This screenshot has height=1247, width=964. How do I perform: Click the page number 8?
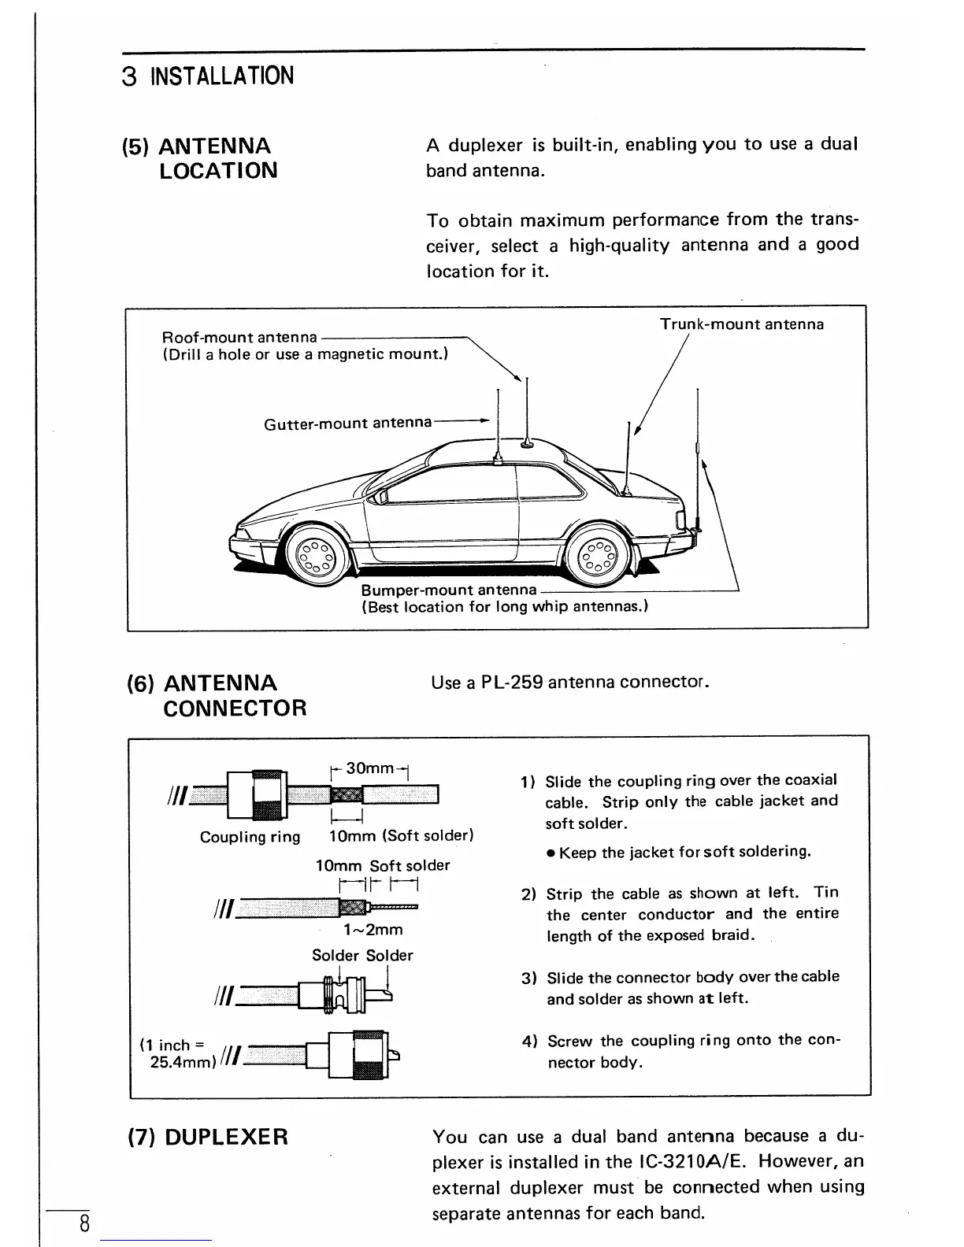(83, 1225)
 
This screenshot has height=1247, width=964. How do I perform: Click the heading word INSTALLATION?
(222, 76)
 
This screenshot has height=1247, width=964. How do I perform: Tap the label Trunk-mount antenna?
(741, 324)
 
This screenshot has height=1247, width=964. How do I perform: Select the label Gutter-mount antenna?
(347, 423)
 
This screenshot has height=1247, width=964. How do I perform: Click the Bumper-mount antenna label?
(448, 590)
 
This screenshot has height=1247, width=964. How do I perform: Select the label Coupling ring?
(250, 837)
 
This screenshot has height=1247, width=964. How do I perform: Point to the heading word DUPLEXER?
(227, 1137)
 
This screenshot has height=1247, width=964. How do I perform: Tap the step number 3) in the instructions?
(529, 979)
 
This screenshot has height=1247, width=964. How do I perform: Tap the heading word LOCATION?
(218, 171)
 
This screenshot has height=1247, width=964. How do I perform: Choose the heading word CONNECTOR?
(235, 708)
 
